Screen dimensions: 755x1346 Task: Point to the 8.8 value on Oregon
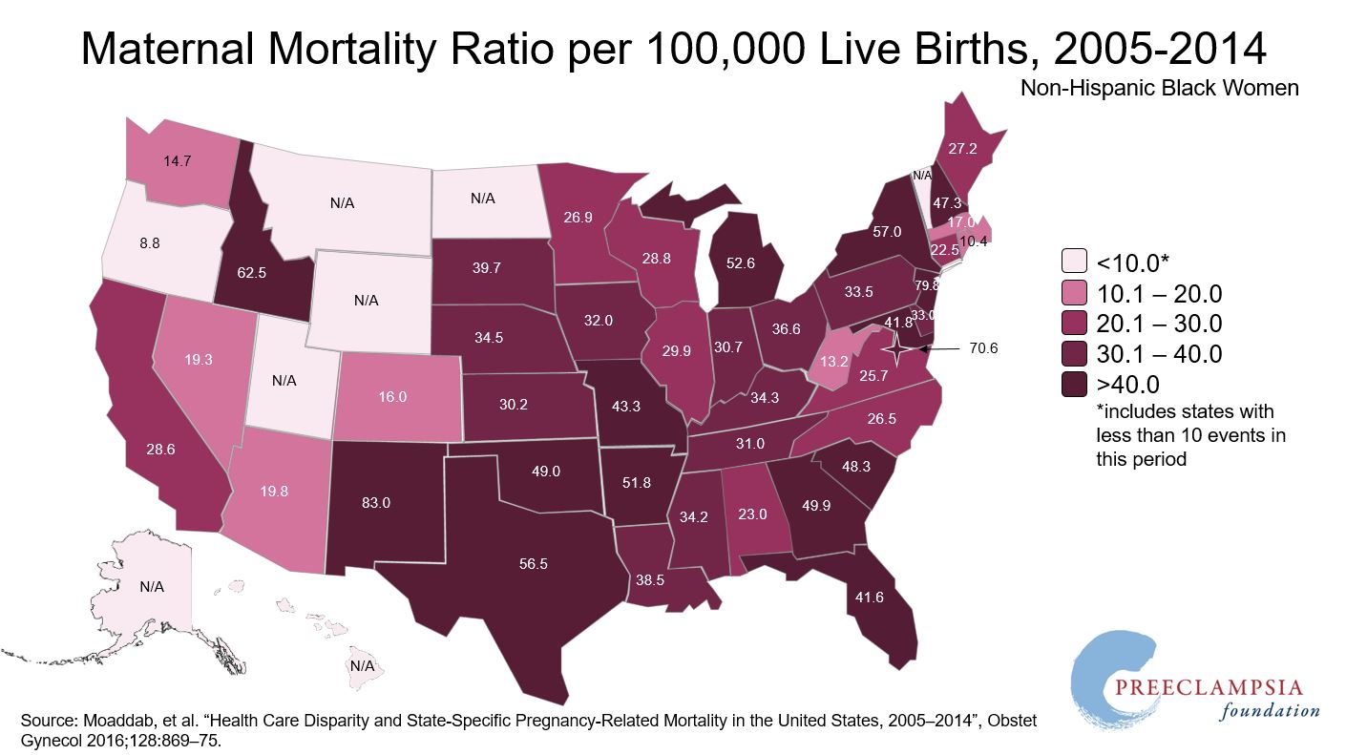(149, 243)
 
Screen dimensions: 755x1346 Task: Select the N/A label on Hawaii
(362, 665)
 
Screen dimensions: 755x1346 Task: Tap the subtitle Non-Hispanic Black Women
(1160, 88)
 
